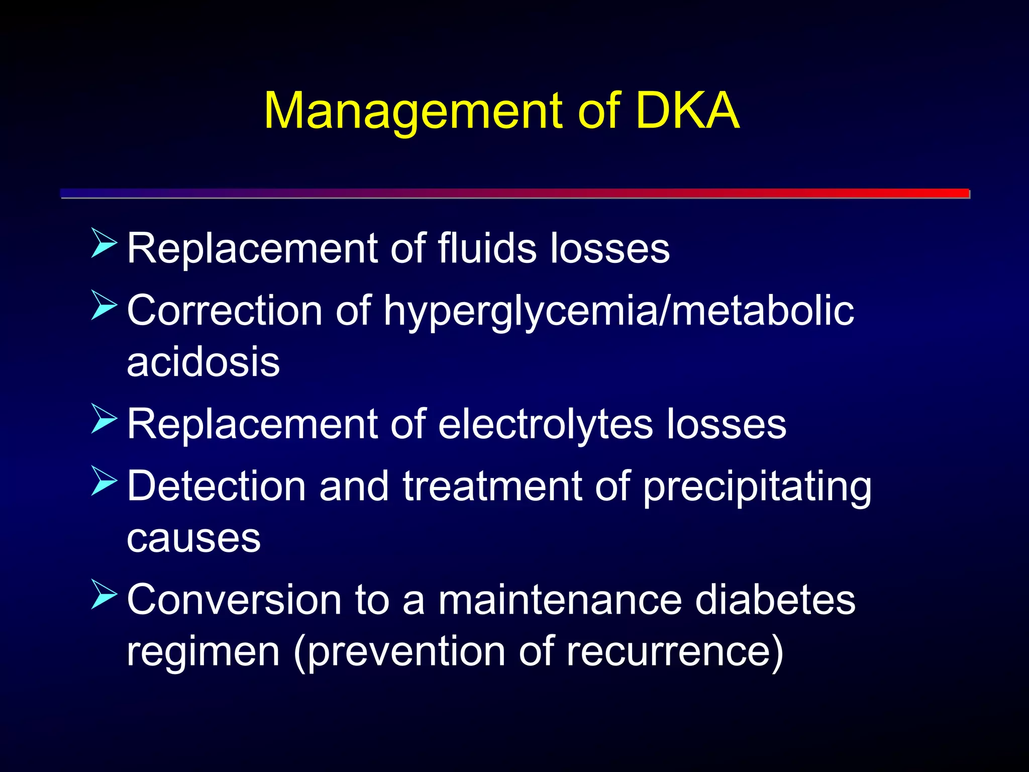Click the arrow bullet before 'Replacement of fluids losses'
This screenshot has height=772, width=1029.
pos(104,243)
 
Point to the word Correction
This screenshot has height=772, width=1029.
pos(224,311)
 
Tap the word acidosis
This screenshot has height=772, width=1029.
pos(203,362)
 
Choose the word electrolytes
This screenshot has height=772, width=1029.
pos(545,425)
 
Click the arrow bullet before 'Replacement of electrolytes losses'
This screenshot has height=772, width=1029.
pos(104,419)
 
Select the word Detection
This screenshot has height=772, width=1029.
pos(217,487)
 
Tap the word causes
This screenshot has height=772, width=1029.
pos(193,539)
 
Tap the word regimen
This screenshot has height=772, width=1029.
pos(203,652)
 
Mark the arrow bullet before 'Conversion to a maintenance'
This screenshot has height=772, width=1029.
pos(104,595)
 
